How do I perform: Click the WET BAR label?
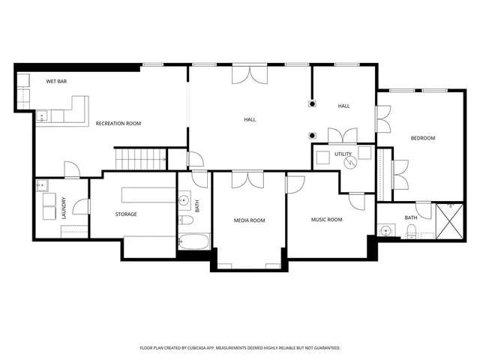(57, 80)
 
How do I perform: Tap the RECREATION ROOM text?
(118, 123)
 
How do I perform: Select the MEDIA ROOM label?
(249, 220)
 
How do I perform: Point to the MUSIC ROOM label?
(326, 220)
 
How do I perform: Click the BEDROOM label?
(422, 138)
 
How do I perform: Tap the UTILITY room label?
(343, 154)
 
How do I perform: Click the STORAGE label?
(126, 214)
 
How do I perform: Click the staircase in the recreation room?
(140, 158)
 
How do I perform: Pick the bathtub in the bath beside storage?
(193, 242)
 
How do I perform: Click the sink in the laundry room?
(41, 186)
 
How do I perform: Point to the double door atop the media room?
(241, 179)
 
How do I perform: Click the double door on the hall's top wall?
(248, 73)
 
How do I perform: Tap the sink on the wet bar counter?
(43, 115)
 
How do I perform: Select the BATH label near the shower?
(411, 217)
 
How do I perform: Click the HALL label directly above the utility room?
(343, 106)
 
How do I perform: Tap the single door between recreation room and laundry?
(72, 170)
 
